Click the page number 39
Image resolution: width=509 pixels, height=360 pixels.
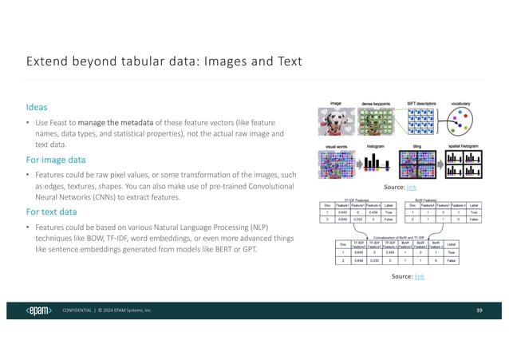479,310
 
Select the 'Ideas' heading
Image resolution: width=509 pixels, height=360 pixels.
37,106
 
